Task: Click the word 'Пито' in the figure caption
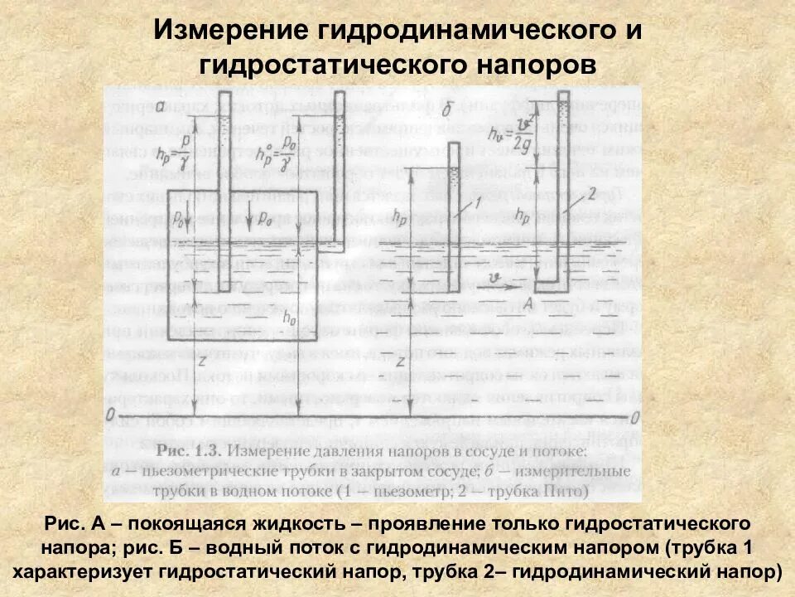tap(569, 490)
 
